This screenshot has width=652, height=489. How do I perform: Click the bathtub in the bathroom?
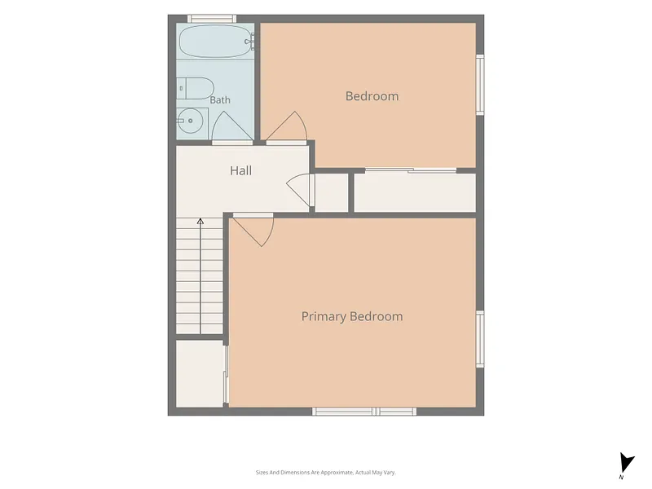(x=215, y=42)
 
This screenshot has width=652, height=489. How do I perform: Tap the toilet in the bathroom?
(x=195, y=88)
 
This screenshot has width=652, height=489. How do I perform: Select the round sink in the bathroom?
(x=191, y=121)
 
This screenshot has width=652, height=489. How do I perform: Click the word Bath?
(x=220, y=100)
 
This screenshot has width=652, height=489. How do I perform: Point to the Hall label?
(x=240, y=170)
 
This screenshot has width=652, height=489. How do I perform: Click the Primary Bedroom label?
(x=352, y=316)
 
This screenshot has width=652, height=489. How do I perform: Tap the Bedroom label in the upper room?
(x=372, y=96)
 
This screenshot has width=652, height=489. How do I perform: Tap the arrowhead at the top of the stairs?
(x=200, y=221)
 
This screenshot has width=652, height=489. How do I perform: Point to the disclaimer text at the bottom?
(x=325, y=473)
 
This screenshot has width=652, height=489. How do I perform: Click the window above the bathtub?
(x=212, y=19)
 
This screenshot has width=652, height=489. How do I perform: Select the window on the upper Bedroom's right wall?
(x=480, y=85)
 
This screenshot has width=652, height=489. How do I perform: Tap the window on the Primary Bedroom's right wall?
(x=480, y=339)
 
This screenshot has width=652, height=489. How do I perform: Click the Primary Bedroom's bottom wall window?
(x=364, y=412)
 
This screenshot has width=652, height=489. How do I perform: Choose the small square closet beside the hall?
(x=332, y=192)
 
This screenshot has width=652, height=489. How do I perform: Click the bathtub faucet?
(x=250, y=42)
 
